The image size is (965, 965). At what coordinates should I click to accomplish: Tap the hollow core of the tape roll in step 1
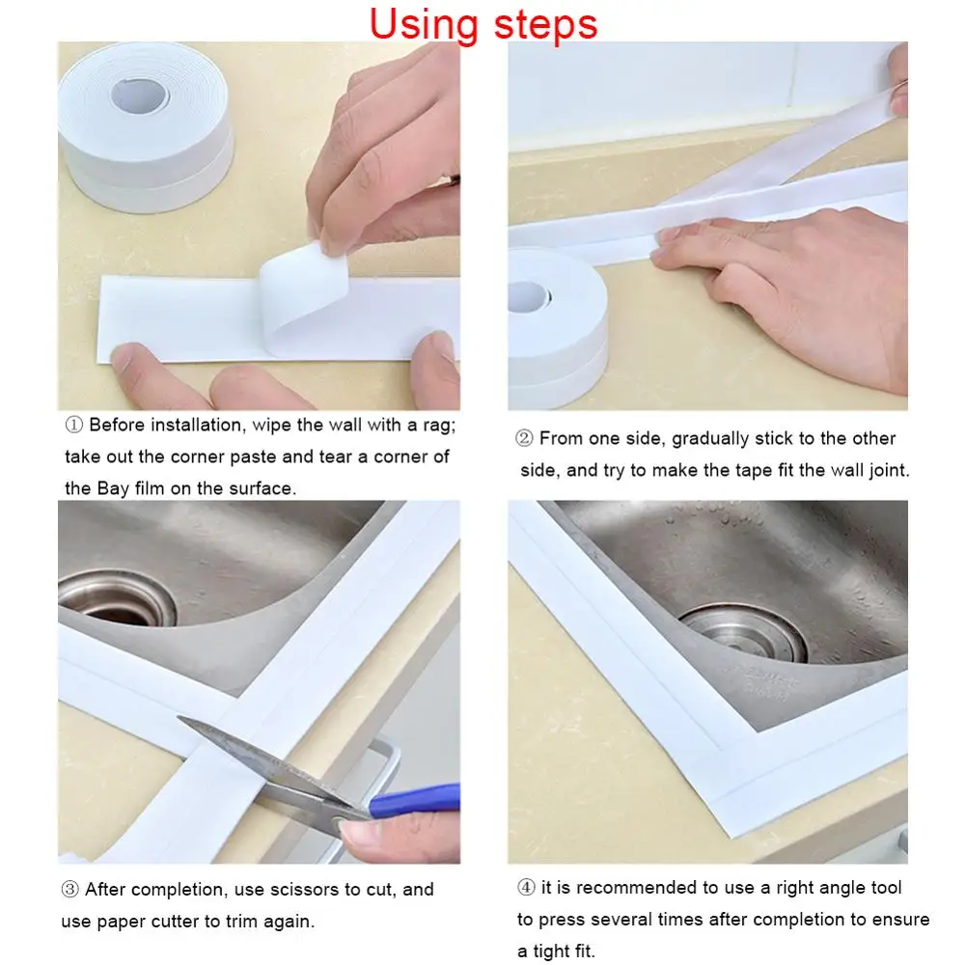137,95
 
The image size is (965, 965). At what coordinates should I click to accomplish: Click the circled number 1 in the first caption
73,426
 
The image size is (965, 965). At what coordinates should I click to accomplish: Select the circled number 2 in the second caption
524,439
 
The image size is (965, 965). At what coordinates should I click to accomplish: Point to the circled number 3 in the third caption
69,889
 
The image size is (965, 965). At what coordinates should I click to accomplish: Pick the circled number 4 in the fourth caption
525,887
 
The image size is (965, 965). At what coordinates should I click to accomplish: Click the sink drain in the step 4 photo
744,632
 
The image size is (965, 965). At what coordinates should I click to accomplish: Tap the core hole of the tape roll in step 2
527,296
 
